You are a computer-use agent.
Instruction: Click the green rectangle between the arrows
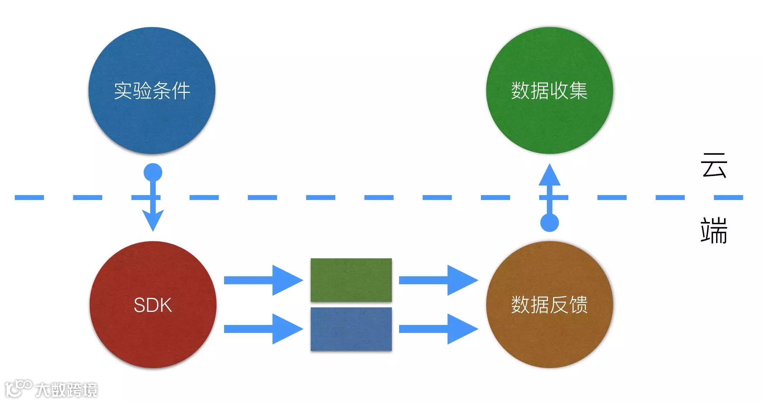click(351, 280)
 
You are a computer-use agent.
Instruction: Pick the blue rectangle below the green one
click(351, 329)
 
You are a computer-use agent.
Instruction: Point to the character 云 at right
click(714, 166)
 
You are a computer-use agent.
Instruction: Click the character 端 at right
click(714, 230)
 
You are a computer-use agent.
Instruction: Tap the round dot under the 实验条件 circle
click(153, 172)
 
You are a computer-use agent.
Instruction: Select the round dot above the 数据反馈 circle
click(549, 222)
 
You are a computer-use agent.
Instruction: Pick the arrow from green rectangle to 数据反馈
click(438, 280)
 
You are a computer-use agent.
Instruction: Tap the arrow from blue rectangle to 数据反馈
click(438, 329)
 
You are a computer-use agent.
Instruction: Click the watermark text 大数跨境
click(66, 390)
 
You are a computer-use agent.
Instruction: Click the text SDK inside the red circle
click(153, 305)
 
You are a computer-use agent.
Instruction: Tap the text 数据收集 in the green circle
click(549, 91)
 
